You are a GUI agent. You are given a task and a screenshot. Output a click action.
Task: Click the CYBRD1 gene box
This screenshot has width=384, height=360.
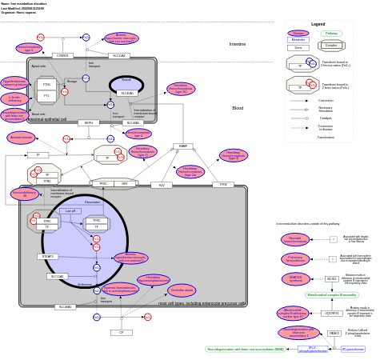coord(62,55)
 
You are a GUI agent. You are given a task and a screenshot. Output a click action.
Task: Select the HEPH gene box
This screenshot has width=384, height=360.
coord(89,123)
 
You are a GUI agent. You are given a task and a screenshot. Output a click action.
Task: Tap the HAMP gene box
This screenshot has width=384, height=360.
coord(183,146)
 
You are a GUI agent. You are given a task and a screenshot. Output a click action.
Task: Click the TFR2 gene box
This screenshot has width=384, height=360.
coord(223,185)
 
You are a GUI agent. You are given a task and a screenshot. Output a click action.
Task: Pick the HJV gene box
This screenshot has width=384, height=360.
coord(162,185)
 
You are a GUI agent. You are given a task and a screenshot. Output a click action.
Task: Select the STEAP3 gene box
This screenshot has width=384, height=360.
coord(48,257)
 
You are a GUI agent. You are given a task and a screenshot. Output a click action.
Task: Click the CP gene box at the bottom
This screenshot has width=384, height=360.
coord(122,332)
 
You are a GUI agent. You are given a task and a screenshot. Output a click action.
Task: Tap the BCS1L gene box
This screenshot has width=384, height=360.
coord(331,279)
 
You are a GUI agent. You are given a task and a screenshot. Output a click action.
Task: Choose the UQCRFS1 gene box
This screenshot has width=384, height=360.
coord(332,313)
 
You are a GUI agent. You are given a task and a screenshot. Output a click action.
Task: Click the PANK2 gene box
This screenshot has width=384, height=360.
coord(334,333)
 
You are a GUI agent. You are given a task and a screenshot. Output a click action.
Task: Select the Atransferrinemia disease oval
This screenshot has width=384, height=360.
coord(21,138)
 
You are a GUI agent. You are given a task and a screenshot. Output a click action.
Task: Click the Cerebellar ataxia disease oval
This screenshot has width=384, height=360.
coord(182,290)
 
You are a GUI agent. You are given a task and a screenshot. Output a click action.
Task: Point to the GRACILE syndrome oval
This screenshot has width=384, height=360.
coord(295,278)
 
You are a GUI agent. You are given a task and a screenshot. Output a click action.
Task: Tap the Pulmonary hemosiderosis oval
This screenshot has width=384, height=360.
coord(295,258)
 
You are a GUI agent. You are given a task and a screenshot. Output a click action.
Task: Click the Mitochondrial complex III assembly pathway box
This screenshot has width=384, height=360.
coord(332,295)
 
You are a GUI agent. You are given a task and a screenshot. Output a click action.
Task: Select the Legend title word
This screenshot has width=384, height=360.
coord(318,24)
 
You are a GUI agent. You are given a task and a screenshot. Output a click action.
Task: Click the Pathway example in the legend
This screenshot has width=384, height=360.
coord(331,34)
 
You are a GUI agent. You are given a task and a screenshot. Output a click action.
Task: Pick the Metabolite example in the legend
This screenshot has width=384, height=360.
coord(298,40)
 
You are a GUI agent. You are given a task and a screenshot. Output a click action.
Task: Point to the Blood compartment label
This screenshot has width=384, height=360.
coord(238,108)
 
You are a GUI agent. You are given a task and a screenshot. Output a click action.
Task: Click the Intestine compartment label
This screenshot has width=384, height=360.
coord(238,44)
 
